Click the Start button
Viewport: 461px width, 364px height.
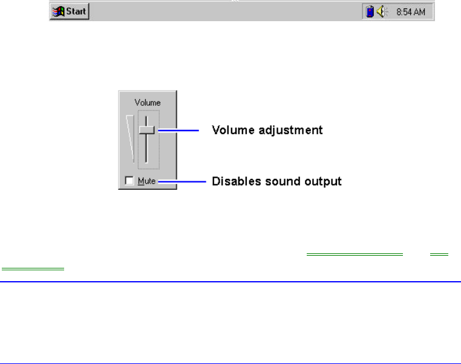pos(70,11)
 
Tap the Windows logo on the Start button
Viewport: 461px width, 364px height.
pos(59,11)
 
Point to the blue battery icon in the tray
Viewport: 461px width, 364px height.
pos(370,11)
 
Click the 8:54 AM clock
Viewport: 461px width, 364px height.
pos(411,12)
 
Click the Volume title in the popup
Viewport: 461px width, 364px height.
pos(148,103)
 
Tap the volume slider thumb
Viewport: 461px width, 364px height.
pos(146,130)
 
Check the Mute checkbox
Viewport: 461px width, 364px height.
pos(129,181)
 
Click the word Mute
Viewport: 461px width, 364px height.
pos(146,181)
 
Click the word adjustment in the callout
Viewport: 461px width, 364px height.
pos(290,130)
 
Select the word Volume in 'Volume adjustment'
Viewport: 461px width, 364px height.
pos(233,130)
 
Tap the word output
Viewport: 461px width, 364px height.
pos(323,182)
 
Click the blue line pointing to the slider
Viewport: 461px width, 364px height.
pos(178,130)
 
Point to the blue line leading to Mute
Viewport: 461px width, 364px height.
pos(182,181)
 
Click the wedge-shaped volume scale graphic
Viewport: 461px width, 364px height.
pos(130,138)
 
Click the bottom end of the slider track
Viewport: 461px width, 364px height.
pos(146,162)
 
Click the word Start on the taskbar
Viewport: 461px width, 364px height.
pos(76,11)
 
